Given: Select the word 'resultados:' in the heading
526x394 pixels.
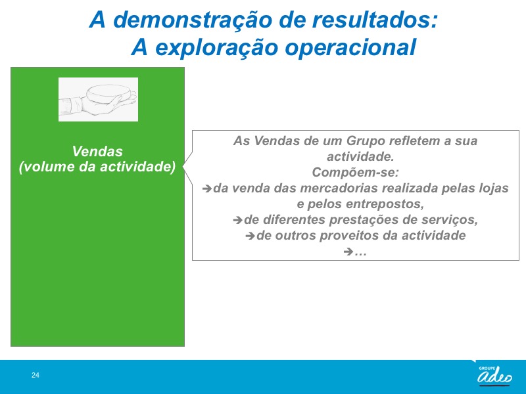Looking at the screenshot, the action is coord(375,20).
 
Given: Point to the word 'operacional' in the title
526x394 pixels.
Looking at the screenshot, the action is coord(350,47).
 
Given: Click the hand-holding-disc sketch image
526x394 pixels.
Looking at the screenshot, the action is coord(98,99).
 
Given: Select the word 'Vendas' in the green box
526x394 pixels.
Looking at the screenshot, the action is coord(97,152).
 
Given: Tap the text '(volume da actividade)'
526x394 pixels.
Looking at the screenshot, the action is coord(97,167).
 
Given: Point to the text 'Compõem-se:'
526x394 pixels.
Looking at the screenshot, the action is coord(356,172).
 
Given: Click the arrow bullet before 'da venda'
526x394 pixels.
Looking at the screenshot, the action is coord(207,188).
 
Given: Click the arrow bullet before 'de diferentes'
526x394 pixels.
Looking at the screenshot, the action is coord(237,220).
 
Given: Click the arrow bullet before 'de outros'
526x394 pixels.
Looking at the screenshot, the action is coord(250,236).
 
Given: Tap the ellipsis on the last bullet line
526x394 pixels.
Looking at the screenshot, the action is coord(360,252).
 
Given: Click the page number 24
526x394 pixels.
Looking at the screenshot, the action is coord(36,375).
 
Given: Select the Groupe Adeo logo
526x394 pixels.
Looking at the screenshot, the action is coord(494,374).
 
